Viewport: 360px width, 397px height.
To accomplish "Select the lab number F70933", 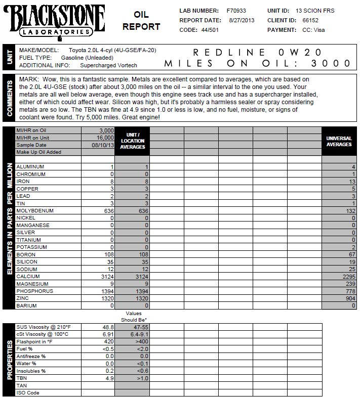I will [x=236, y=11].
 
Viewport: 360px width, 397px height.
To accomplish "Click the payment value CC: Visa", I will [x=313, y=30].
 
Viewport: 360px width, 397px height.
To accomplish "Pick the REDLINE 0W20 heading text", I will [x=258, y=52].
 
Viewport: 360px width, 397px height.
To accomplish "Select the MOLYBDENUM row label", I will [x=35, y=210].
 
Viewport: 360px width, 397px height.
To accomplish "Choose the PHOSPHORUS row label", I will [x=34, y=291].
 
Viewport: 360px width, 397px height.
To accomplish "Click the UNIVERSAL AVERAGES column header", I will [x=339, y=141].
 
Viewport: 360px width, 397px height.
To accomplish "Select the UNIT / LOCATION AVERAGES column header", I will [x=133, y=141].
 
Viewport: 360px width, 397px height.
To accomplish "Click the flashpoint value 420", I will [x=108, y=341].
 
